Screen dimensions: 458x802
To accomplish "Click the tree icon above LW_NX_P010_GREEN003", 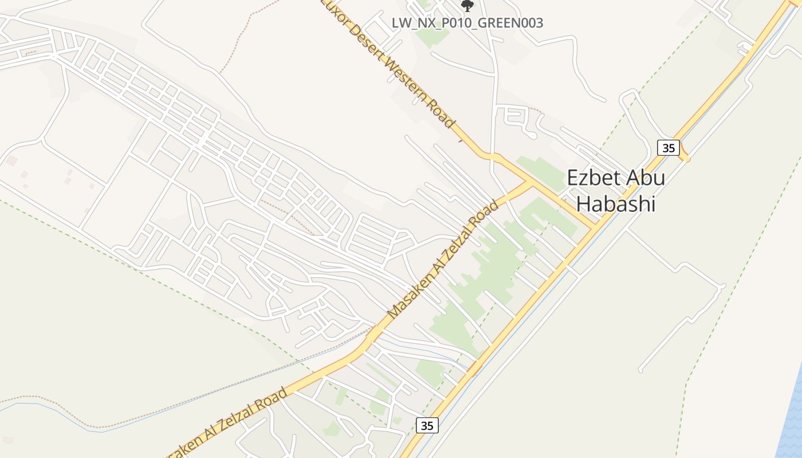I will click(x=467, y=6).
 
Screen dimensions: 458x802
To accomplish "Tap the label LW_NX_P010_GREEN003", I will click(x=467, y=23).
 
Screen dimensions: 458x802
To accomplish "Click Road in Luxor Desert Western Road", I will click(x=444, y=117).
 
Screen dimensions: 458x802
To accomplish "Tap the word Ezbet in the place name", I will click(x=592, y=178).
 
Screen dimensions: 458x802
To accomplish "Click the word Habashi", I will click(x=615, y=204).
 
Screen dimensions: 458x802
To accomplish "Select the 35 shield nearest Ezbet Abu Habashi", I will click(x=668, y=148).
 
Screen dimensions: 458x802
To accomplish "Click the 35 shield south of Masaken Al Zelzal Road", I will click(x=427, y=425).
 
